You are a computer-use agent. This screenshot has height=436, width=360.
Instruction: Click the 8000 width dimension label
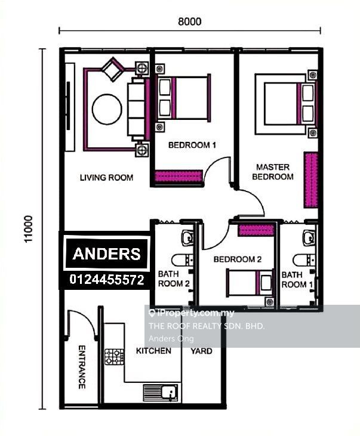pos(189,21)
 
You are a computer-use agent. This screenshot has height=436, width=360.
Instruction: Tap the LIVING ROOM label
pos(107,178)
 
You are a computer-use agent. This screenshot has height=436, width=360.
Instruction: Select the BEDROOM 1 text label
pos(192,145)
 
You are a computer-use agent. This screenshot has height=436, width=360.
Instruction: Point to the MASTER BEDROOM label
pos(273,172)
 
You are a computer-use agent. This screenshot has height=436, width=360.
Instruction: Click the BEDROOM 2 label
pos(238,259)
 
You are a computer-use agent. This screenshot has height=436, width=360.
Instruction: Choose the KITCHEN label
pos(153,351)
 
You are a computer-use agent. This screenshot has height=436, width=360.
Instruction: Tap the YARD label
pos(201,351)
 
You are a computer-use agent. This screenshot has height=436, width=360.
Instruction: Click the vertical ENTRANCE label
pos(82,366)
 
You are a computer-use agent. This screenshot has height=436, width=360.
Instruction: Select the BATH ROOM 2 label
pos(174,279)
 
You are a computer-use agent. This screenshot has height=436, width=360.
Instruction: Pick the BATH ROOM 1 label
pos(297,279)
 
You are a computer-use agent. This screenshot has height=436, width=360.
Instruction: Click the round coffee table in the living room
pos(107,109)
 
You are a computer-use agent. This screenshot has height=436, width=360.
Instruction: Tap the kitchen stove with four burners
pos(114,357)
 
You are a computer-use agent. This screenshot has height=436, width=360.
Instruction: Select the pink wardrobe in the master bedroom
pos(310,180)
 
